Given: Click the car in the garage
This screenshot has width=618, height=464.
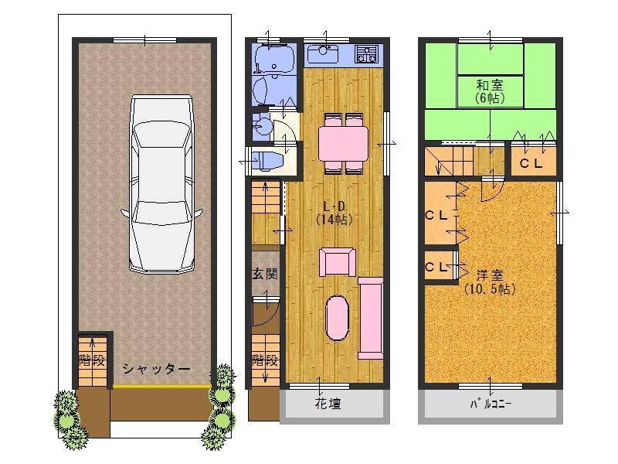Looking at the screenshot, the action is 161,183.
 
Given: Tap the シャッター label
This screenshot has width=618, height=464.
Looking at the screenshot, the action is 157,370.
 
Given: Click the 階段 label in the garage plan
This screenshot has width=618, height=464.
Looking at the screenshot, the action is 92,360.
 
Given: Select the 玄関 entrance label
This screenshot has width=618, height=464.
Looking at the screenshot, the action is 265,274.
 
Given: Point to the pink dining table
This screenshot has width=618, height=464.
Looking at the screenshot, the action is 343,143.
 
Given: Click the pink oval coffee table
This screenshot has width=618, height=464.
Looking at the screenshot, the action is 337,318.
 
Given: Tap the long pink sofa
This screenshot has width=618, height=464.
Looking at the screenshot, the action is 371,318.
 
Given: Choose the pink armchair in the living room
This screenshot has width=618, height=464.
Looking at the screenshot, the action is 338,262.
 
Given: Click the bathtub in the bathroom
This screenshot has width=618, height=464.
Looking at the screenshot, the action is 275,57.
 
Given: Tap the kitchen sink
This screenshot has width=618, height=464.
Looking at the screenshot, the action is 323,54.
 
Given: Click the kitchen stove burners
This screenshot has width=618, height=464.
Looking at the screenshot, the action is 367,54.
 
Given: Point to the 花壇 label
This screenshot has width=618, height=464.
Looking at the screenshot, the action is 328,404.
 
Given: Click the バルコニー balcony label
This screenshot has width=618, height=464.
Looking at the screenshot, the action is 491,404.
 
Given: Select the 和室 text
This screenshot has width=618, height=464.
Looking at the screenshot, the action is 490,85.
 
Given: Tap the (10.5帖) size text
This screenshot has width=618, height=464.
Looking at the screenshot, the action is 490,289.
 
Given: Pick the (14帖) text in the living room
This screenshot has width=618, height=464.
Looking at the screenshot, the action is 334,220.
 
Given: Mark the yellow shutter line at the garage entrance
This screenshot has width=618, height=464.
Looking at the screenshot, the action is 161,386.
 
